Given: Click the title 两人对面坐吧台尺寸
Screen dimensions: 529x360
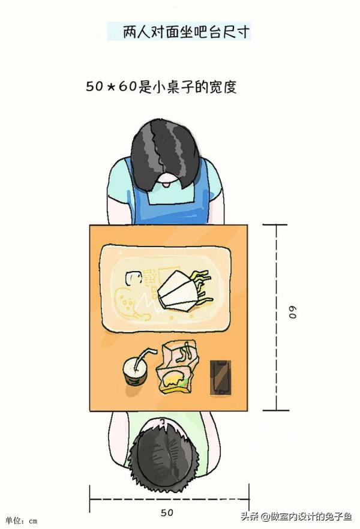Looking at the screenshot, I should pyautogui.click(x=178, y=31).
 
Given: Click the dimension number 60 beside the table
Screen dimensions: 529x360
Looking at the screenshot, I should pyautogui.click(x=293, y=312).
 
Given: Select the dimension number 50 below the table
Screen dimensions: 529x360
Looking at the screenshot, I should pyautogui.click(x=168, y=513).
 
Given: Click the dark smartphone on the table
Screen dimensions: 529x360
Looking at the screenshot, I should pyautogui.click(x=220, y=378).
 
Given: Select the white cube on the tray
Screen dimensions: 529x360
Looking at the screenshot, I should pyautogui.click(x=133, y=278).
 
